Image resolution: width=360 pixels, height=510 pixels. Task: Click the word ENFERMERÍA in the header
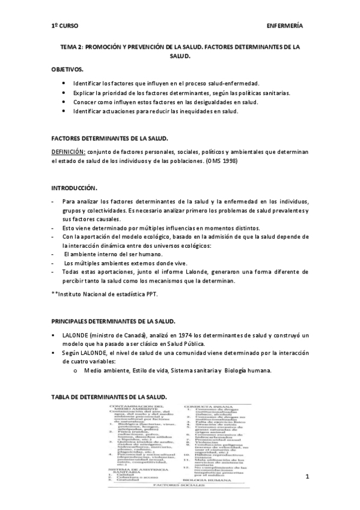pyautogui.click(x=284, y=26)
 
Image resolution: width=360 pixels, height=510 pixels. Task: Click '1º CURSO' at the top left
pyautogui.click(x=65, y=26)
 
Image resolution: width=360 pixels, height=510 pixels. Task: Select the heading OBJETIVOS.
pyautogui.click(x=67, y=69)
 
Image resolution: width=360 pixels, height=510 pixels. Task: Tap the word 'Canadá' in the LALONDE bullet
pyautogui.click(x=134, y=334)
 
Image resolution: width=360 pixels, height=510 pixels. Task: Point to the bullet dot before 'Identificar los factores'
pyautogui.click(x=64, y=82)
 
